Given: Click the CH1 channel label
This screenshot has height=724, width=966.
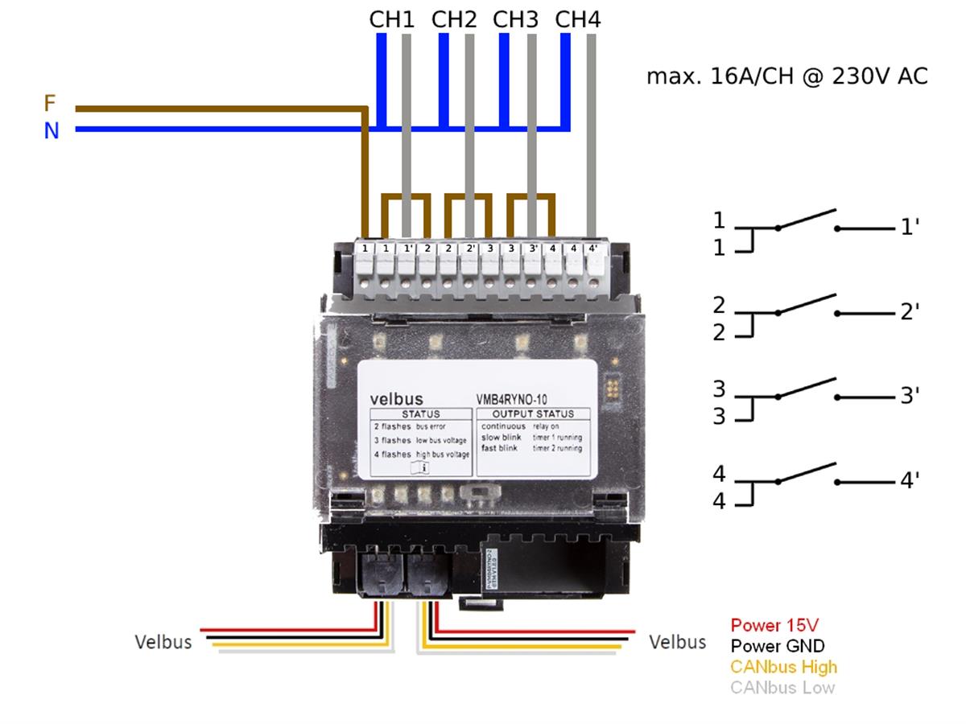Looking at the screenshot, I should pos(391,19).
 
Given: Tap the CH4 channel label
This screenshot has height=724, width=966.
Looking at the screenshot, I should pos(578,19).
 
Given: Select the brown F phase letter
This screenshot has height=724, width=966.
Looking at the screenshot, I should pos(50,104).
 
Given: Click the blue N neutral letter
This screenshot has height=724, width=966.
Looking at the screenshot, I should pos(52,130).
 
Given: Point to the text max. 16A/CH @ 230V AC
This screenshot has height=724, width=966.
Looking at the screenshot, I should pos(787,76).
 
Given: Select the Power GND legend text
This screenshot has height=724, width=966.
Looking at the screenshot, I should pos(778,646).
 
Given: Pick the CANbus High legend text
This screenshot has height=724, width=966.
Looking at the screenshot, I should pos(783,667).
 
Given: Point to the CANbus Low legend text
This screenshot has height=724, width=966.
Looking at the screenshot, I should pos(782,688).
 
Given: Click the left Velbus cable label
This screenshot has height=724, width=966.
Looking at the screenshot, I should pos(163,642).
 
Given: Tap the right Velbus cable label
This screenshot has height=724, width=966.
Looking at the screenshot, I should pos(678,642).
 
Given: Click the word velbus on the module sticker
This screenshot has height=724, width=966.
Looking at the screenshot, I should pos(396,398).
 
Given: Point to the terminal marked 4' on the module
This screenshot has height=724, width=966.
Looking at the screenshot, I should pos(593,249).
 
